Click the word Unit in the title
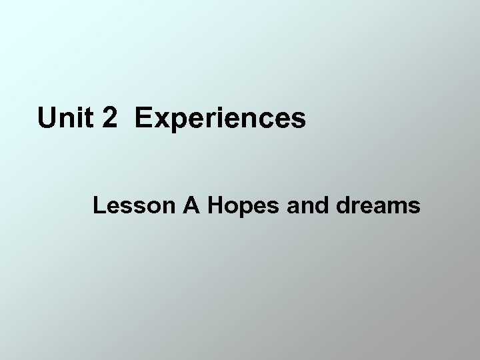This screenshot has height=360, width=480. (63, 118)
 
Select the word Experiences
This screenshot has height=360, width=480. (220, 119)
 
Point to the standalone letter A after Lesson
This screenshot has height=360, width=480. (193, 207)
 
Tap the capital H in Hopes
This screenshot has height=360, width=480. (216, 207)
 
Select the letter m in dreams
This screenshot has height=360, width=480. (397, 208)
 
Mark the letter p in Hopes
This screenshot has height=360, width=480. (242, 210)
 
